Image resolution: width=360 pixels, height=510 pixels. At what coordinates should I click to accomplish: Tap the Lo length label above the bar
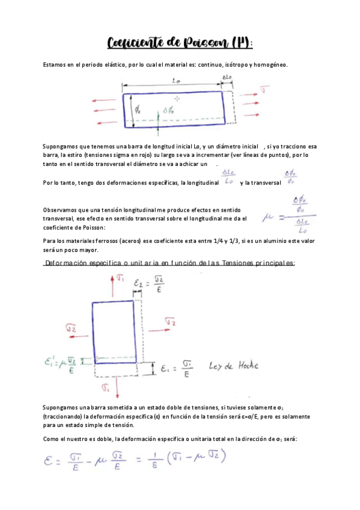tap(174, 81)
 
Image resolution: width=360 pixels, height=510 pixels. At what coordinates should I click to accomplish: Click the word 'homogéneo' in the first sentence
tap(269, 64)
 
